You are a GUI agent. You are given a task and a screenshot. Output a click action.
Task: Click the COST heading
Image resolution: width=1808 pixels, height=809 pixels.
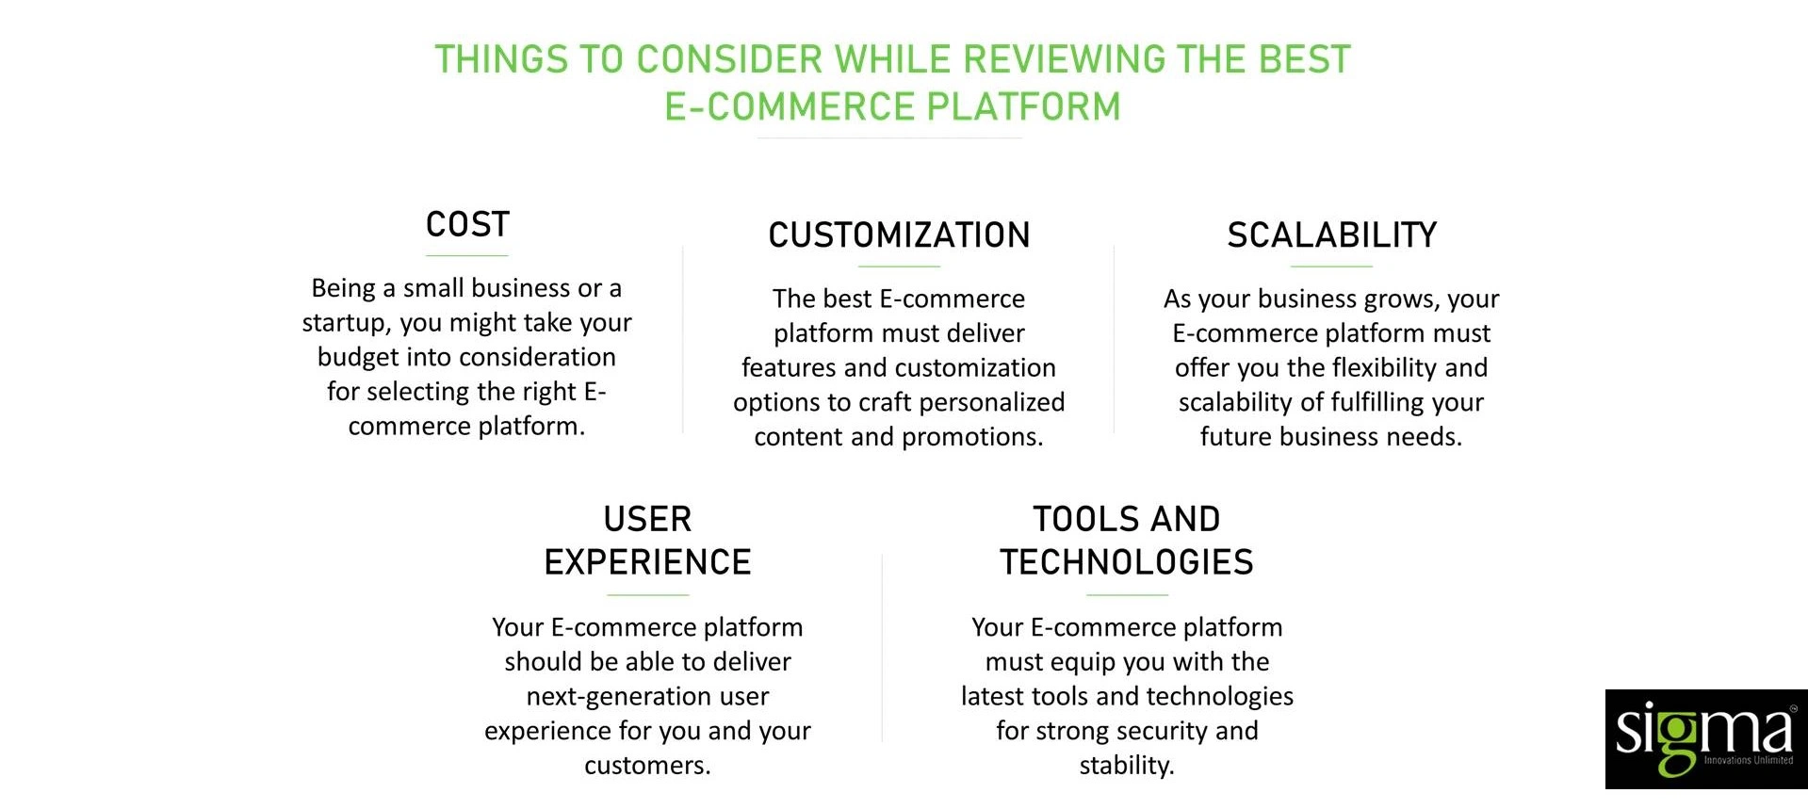(467, 224)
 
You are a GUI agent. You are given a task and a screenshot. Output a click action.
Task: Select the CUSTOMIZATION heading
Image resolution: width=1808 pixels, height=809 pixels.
(899, 235)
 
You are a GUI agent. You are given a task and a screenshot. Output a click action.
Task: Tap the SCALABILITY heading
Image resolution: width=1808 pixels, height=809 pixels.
(1331, 235)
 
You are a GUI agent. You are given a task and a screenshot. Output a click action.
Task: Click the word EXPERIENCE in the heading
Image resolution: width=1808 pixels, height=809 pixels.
(647, 562)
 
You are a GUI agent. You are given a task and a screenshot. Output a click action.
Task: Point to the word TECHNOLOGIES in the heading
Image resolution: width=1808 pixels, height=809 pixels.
(1127, 562)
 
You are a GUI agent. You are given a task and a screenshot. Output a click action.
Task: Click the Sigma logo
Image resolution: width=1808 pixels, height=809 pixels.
(1705, 739)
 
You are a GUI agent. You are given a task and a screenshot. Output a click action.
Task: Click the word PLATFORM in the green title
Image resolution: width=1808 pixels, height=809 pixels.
(1023, 107)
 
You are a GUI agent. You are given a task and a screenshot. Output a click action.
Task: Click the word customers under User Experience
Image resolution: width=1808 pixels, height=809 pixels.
(646, 766)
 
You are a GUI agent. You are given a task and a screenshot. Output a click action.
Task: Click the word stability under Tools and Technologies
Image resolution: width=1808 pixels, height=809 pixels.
(1126, 766)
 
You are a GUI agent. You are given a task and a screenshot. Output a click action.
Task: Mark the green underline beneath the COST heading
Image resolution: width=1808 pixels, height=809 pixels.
(466, 255)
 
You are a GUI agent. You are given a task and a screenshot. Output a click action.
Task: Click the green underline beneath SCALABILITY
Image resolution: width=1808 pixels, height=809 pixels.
(1331, 267)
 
